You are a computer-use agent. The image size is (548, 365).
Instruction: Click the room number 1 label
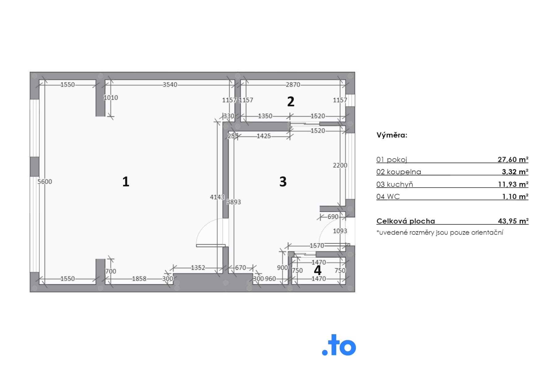[x=126, y=181]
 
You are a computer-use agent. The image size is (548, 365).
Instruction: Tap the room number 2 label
[x=291, y=101]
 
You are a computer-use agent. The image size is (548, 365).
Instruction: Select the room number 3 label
[x=283, y=181]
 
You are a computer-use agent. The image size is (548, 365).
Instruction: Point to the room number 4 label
[x=318, y=270]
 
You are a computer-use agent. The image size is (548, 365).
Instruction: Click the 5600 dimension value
[x=45, y=182]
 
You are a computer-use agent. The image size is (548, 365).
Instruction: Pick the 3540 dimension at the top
[x=170, y=85]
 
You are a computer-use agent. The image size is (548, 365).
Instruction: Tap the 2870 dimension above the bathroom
[x=293, y=85]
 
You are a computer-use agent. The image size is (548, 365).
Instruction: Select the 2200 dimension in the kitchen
[x=340, y=165]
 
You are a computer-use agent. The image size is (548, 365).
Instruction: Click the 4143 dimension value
[x=217, y=197]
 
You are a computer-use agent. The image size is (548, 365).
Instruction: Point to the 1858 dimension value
[x=139, y=279]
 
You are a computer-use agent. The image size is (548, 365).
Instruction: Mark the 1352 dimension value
[x=198, y=268]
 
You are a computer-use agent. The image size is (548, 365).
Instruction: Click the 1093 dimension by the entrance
[x=340, y=231]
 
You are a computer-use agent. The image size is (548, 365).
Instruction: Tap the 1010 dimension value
[x=111, y=98]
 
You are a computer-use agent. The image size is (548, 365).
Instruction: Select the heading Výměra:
[x=392, y=135]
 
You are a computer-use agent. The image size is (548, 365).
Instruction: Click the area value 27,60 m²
[x=513, y=159]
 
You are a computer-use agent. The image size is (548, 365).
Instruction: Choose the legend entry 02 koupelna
[x=399, y=172]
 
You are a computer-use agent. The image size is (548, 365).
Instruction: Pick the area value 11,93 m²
[x=513, y=184]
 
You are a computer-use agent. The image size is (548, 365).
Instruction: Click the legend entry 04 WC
[x=388, y=197]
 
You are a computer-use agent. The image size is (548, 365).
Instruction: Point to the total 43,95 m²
[x=513, y=221]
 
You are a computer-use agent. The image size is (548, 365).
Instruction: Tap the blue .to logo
[x=339, y=345]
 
